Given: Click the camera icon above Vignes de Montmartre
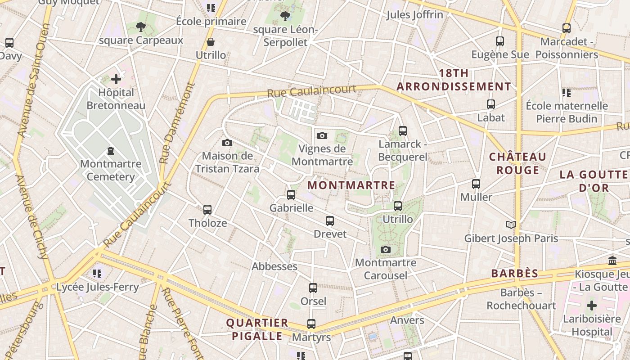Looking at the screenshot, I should [322, 135].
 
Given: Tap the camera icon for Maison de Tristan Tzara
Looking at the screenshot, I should [227, 143].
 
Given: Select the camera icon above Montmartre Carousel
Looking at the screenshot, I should [386, 250].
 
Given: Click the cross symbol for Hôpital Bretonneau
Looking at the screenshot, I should [116, 80].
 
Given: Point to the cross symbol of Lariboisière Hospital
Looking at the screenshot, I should [592, 306].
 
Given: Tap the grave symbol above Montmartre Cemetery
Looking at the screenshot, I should [111, 151].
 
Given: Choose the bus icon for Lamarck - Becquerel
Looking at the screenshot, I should [403, 131].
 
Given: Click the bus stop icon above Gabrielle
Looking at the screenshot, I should [291, 195].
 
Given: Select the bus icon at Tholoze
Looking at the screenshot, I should [207, 210].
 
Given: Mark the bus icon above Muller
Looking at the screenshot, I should [476, 184].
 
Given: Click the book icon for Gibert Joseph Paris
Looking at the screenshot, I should [511, 225].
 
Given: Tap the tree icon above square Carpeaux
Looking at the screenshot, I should [141, 27].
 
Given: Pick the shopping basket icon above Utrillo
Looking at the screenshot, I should [210, 42].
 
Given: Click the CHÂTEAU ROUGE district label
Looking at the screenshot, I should [517, 163].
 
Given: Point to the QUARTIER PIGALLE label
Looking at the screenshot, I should [257, 329].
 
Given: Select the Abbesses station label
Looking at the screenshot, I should [274, 266].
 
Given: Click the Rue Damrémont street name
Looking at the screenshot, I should [178, 122].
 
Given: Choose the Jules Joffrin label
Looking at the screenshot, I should [415, 15].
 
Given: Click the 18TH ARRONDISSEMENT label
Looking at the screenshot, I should [454, 80].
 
